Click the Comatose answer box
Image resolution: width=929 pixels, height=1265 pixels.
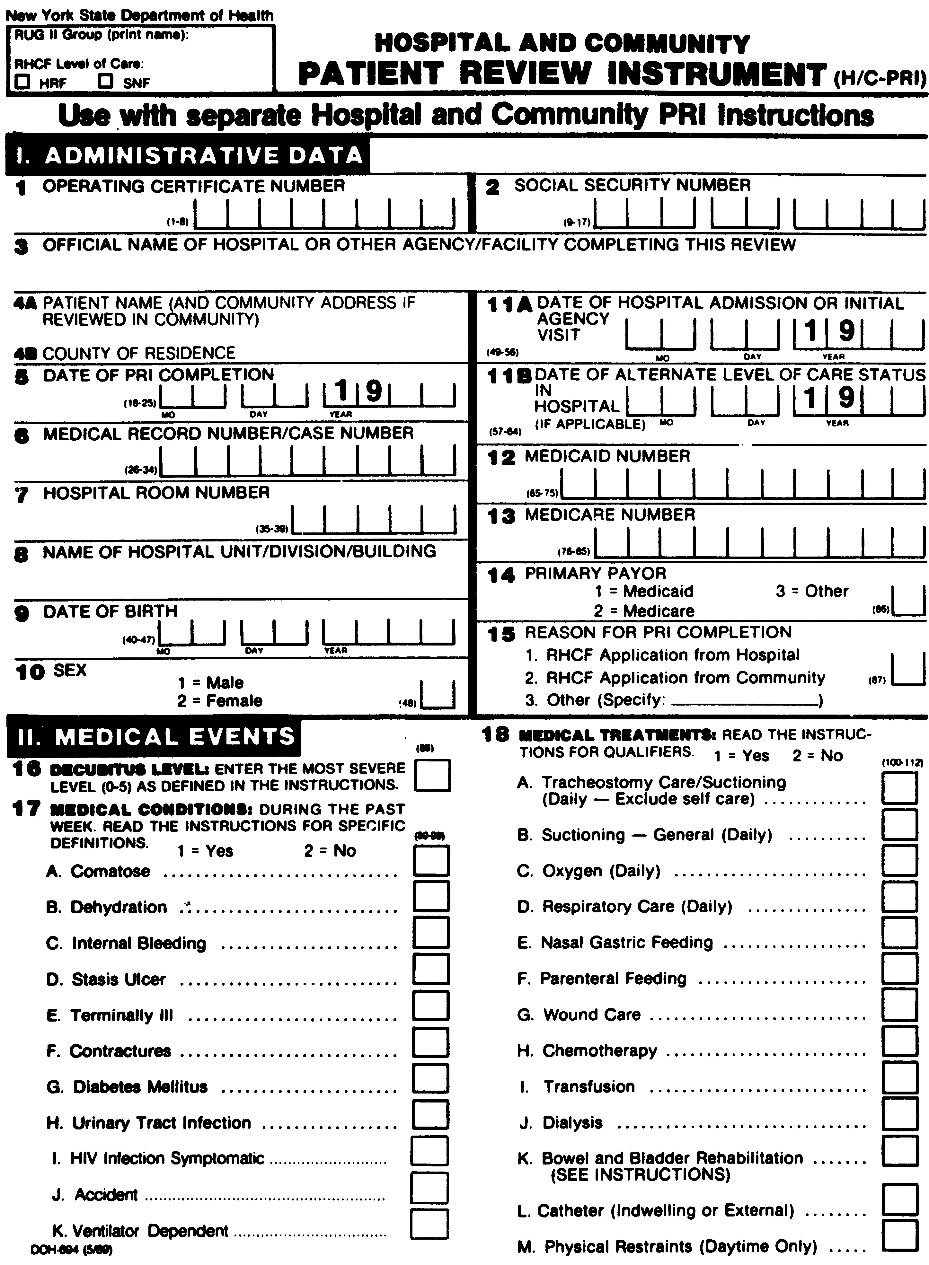coord(431,861)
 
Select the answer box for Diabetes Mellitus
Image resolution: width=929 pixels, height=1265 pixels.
coord(431,1078)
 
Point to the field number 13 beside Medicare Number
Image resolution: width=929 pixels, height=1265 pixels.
coord(501,517)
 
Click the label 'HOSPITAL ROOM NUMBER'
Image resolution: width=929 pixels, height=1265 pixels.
coord(156,493)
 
